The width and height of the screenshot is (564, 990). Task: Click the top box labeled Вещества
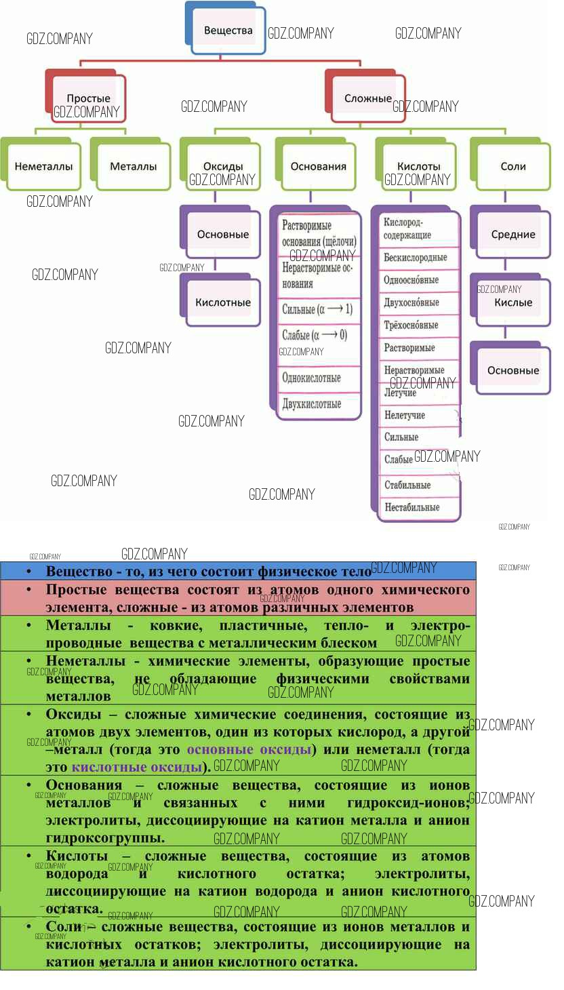click(x=228, y=30)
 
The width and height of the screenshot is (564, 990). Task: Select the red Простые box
click(x=89, y=99)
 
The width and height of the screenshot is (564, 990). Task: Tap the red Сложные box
click(x=368, y=98)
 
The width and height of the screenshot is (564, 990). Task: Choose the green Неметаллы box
click(x=43, y=166)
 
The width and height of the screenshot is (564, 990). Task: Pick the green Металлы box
click(x=134, y=166)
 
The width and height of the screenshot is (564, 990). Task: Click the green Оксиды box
click(x=223, y=166)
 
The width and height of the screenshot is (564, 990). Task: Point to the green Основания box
click(x=319, y=166)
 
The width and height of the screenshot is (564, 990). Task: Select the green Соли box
click(x=513, y=166)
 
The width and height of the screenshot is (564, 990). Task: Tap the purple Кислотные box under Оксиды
click(x=223, y=302)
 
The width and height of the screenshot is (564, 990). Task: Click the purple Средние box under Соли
click(x=513, y=235)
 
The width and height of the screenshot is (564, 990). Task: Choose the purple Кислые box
click(x=513, y=302)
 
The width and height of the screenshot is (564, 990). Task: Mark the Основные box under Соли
click(x=513, y=370)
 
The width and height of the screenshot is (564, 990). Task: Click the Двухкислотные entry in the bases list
click(x=312, y=404)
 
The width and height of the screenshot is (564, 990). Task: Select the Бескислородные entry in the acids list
click(x=416, y=258)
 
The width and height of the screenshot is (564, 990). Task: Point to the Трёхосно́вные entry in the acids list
click(x=411, y=325)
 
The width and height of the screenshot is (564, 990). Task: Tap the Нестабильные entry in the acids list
click(x=412, y=507)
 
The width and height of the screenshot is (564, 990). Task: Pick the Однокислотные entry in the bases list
click(x=312, y=378)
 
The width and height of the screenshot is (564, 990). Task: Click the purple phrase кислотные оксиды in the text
click(x=137, y=768)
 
